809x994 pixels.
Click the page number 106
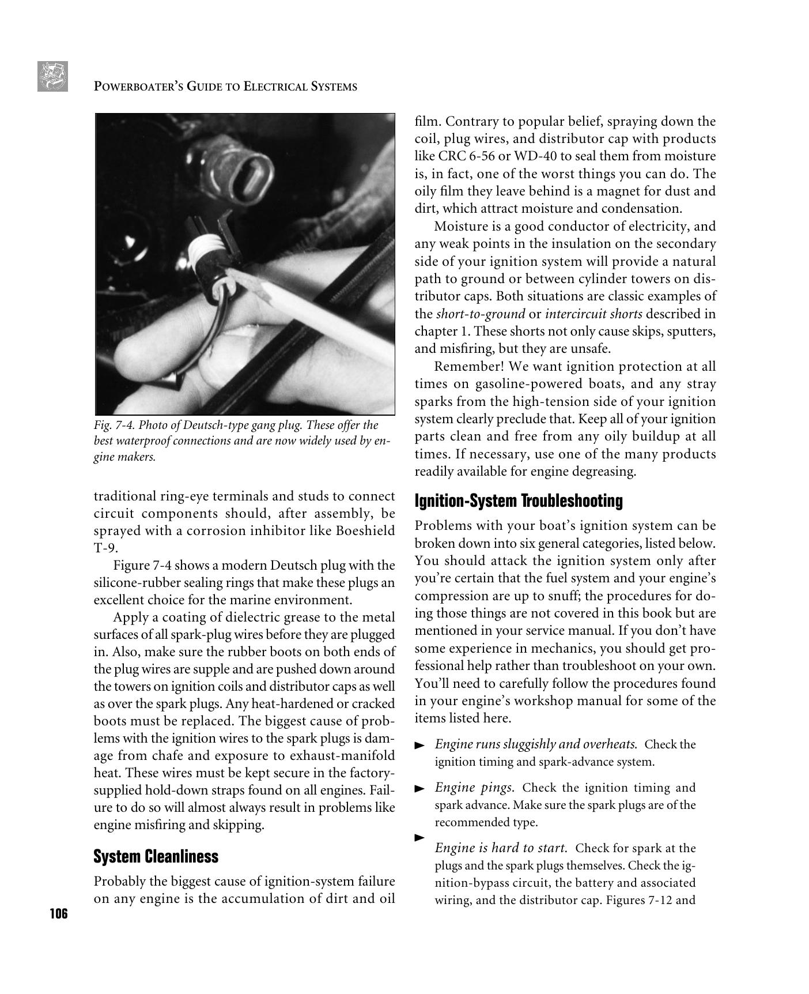[x=58, y=914]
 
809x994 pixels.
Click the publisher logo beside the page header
[x=52, y=77]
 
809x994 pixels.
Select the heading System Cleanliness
[x=156, y=856]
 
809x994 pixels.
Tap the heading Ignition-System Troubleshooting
[x=519, y=501]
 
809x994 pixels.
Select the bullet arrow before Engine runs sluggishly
[x=419, y=745]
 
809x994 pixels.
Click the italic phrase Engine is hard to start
[x=501, y=848]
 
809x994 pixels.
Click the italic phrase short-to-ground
[x=480, y=314]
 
